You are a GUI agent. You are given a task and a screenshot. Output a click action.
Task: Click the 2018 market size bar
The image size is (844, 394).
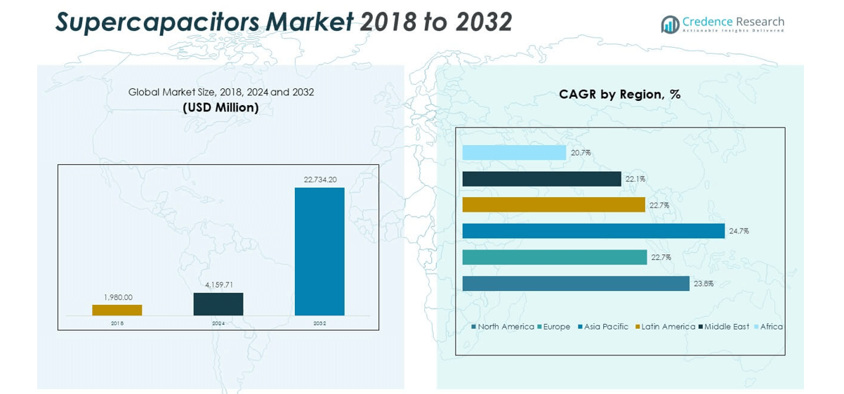click(x=117, y=310)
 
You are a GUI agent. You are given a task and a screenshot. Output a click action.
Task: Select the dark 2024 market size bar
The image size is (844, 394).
click(x=218, y=304)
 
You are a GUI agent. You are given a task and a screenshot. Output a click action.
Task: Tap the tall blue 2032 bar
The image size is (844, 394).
click(x=319, y=252)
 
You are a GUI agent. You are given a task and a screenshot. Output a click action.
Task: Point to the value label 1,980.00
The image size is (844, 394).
click(x=118, y=297)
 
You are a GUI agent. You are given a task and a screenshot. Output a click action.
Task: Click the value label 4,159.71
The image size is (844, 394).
click(x=219, y=285)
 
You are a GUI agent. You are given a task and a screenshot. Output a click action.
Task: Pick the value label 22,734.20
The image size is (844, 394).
click(x=319, y=180)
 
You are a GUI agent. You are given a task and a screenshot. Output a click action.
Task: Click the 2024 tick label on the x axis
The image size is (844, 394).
click(x=218, y=323)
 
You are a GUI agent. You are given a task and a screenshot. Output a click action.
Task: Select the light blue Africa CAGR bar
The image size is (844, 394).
click(x=514, y=152)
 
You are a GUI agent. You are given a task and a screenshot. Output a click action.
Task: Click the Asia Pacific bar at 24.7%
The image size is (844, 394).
click(x=593, y=231)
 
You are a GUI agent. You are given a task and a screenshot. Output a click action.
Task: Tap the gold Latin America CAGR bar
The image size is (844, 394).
click(x=553, y=205)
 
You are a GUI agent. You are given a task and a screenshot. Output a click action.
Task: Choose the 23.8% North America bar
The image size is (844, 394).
click(x=576, y=283)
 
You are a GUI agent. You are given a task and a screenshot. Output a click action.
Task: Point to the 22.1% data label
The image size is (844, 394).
click(x=635, y=179)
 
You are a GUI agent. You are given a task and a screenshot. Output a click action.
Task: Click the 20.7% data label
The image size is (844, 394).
click(x=581, y=152)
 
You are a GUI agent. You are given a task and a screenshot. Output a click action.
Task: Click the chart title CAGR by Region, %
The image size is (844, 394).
click(x=619, y=94)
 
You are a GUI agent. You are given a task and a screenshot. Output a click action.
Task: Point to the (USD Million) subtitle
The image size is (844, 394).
click(x=220, y=107)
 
